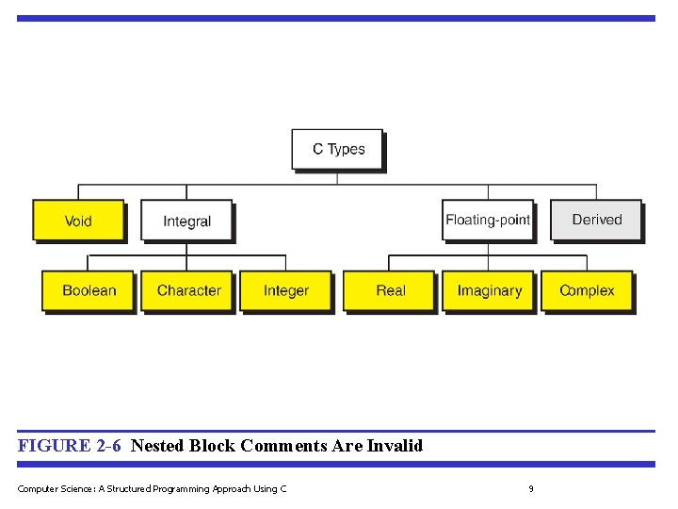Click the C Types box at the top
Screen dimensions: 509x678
(x=337, y=149)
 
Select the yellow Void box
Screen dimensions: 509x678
(x=78, y=221)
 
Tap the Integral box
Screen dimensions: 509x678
(x=186, y=222)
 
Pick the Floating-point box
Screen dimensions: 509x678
(x=488, y=220)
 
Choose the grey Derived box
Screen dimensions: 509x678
(x=597, y=220)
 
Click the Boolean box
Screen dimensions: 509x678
(x=89, y=290)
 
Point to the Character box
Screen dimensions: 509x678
(x=188, y=290)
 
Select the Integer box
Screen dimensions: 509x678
(x=286, y=290)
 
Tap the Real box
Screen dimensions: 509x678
(x=390, y=290)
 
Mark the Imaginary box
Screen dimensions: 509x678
(x=489, y=290)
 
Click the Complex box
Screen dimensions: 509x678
(x=587, y=290)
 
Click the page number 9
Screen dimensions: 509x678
(x=531, y=488)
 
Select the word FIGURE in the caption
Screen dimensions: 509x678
(x=54, y=446)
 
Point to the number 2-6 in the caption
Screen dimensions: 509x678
(x=108, y=446)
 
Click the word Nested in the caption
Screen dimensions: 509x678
(x=157, y=446)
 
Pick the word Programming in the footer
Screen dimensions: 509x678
(x=182, y=488)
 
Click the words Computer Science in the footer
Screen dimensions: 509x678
(x=50, y=488)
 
